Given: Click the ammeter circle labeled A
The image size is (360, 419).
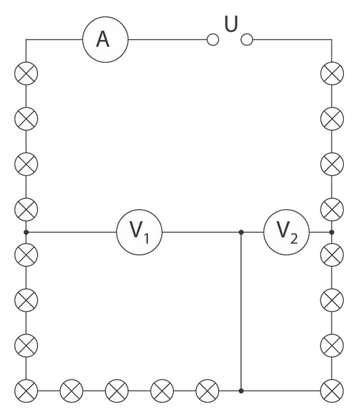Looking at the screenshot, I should click(x=105, y=39).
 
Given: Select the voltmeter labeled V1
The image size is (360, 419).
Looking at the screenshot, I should click(x=139, y=231).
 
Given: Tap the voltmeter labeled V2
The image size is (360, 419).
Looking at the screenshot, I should click(x=286, y=231).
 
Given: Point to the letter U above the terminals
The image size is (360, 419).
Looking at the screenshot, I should click(x=231, y=25).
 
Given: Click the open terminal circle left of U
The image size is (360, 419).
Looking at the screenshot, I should click(x=213, y=40).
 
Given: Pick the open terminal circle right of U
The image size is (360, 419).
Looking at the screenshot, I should click(x=247, y=40).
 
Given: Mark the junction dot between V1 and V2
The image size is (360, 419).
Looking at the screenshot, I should click(x=241, y=232).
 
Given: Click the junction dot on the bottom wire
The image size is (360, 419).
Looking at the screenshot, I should click(x=241, y=391).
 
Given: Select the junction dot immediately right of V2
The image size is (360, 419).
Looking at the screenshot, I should click(x=332, y=232).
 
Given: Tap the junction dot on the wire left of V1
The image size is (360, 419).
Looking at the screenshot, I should click(x=26, y=232).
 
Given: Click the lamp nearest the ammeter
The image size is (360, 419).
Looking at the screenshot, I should click(x=26, y=73).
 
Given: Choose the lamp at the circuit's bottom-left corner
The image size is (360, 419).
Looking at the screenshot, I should click(x=26, y=391).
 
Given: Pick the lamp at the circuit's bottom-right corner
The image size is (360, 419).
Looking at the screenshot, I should click(x=332, y=391).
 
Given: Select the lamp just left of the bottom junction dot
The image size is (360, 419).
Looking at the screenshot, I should click(x=208, y=391).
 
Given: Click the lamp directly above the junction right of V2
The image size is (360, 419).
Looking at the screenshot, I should click(x=332, y=209).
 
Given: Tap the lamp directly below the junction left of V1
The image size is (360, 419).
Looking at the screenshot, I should click(x=26, y=255).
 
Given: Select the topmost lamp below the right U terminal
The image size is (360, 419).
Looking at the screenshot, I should click(x=332, y=73).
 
